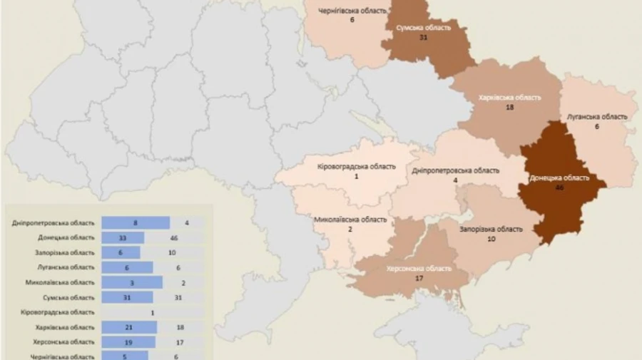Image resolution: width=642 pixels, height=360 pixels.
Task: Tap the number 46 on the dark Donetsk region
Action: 559,187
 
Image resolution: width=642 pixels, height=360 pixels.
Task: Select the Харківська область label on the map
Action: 509,97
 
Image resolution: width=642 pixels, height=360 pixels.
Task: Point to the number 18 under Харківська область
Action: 509,107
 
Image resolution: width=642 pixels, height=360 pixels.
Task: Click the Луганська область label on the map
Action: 597,116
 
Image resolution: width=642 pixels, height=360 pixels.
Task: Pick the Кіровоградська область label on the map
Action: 356,167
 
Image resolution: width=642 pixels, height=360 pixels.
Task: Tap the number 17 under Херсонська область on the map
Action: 419,279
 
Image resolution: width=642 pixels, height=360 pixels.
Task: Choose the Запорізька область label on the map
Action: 491,230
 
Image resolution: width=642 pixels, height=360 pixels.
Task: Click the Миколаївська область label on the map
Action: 351,220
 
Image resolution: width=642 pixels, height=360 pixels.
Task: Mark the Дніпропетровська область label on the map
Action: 456,171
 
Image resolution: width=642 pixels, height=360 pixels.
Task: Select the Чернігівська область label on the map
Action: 352,11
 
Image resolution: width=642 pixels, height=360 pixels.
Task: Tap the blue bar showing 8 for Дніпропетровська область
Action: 136,222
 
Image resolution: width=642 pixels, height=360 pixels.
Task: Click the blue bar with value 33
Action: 123,237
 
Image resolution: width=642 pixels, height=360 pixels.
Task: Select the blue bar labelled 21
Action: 128,327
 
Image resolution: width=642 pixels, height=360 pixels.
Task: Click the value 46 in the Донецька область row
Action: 174,237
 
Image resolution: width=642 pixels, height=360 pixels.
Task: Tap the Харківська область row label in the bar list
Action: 65,327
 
